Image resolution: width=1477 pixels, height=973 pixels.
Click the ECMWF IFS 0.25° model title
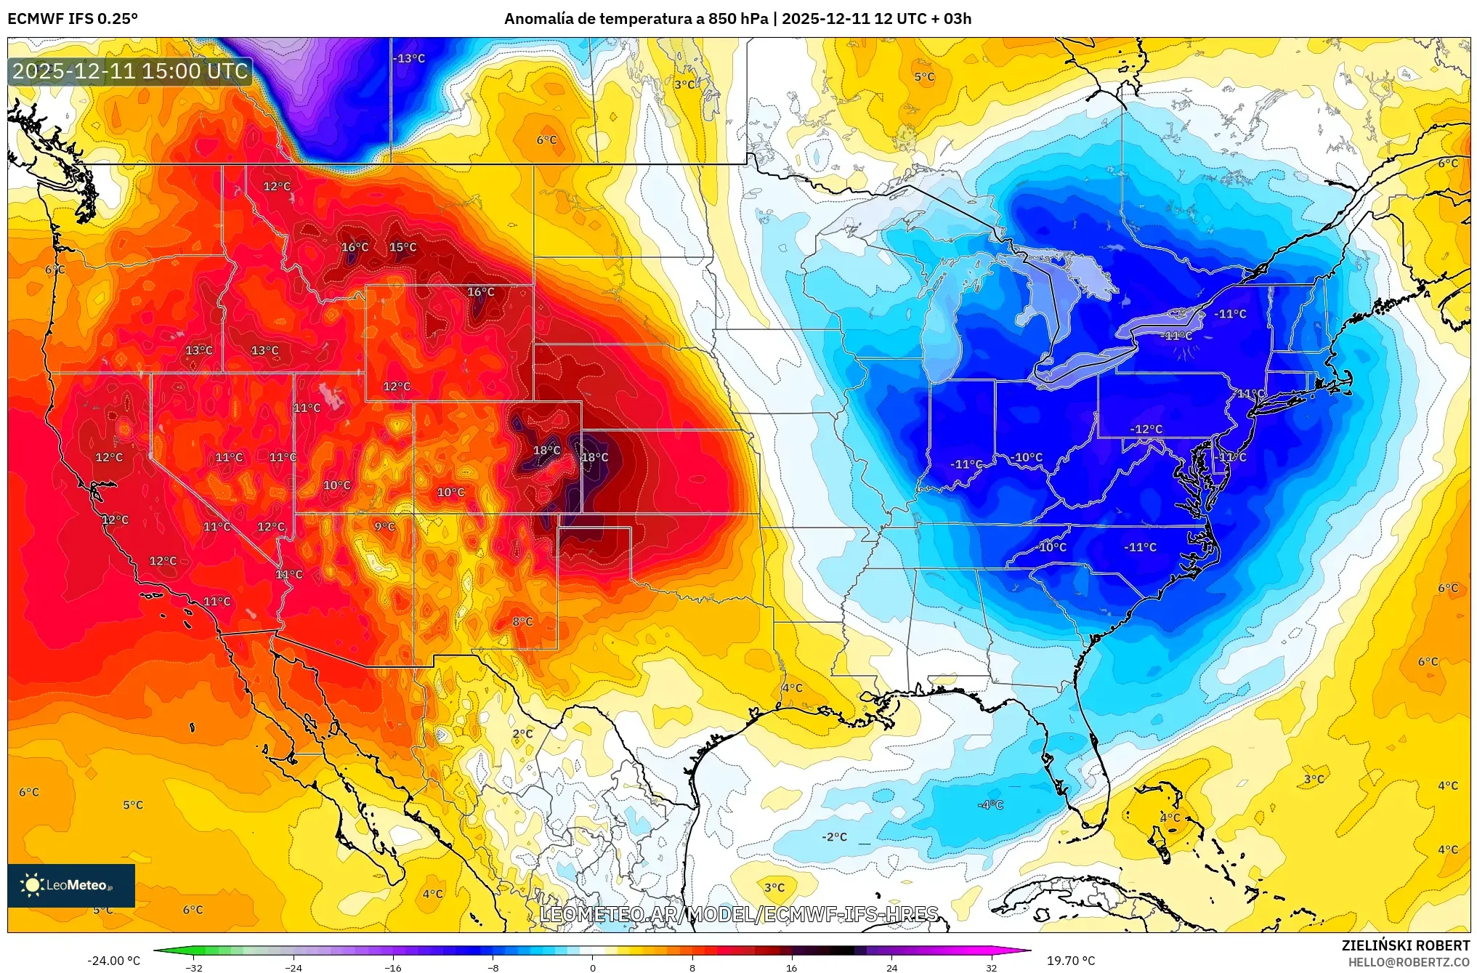[x=73, y=19]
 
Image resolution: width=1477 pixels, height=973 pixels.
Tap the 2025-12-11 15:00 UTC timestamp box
[x=130, y=71]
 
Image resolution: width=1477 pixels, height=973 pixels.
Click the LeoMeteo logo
[x=71, y=885]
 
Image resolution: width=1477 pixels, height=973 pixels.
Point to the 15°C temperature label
[x=402, y=247]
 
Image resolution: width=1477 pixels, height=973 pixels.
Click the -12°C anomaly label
[x=1146, y=429]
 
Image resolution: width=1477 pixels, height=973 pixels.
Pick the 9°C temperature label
[x=384, y=526]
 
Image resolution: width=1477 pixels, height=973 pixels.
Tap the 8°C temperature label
[x=522, y=621]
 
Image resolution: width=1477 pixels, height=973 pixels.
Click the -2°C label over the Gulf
[x=834, y=836]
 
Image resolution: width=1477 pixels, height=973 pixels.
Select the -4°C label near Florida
[x=990, y=804]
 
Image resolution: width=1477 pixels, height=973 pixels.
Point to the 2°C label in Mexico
[x=522, y=733]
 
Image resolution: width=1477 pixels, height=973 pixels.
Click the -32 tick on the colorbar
[x=194, y=967]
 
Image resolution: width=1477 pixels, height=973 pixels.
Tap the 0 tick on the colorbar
[x=592, y=967]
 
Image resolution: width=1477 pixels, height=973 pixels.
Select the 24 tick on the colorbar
[x=891, y=967]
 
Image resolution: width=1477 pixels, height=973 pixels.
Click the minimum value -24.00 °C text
[x=113, y=961]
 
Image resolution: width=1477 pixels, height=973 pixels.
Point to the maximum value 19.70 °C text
[x=1070, y=961]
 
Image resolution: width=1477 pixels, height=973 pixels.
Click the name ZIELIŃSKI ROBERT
[x=1405, y=945]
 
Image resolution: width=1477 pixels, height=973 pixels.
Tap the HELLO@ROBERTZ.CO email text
[x=1409, y=962]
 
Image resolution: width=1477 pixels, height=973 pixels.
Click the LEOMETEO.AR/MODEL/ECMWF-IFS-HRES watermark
[x=739, y=914]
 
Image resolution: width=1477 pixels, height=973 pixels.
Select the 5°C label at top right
[x=924, y=76]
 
